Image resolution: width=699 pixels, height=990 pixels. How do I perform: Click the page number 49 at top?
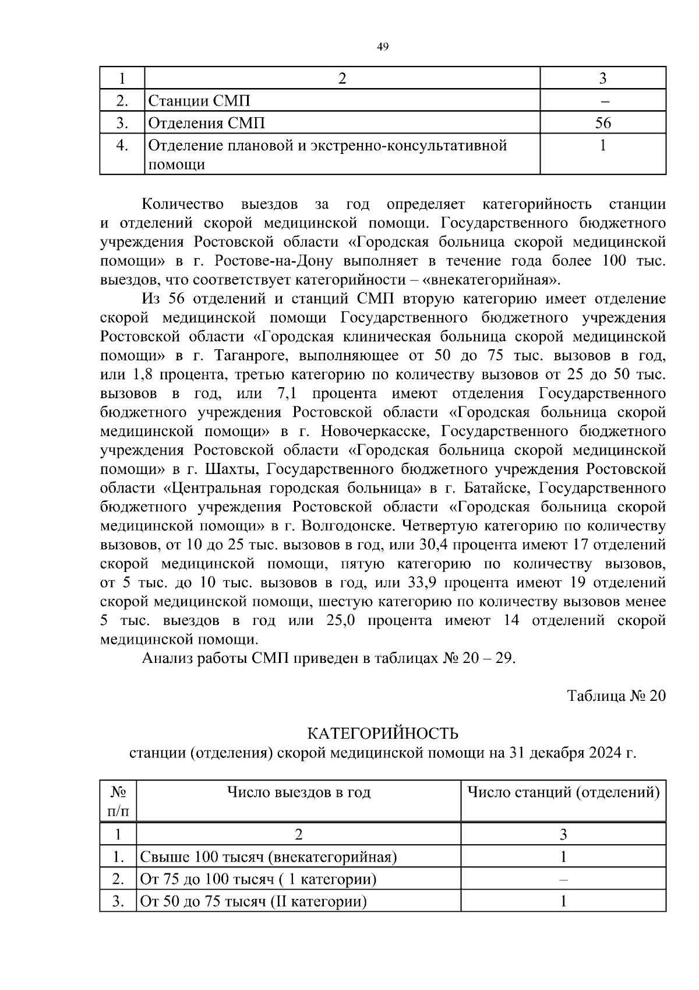[x=383, y=47]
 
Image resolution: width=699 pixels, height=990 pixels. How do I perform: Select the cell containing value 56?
[x=603, y=123]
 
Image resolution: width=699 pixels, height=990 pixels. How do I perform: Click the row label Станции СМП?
[x=199, y=101]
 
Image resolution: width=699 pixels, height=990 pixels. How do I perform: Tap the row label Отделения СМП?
[x=207, y=123]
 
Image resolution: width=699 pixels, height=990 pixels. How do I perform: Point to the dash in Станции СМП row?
[x=603, y=101]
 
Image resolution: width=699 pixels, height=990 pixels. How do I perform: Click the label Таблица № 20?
[x=616, y=696]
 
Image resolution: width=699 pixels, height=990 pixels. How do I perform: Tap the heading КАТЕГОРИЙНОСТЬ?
[x=383, y=733]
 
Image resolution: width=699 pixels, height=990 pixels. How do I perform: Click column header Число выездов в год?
[x=299, y=792]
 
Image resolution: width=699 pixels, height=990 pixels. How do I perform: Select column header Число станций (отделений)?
[x=563, y=792]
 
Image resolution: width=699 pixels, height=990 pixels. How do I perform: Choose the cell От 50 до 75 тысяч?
[x=254, y=901]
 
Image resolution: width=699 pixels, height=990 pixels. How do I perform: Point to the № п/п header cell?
[x=118, y=801]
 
